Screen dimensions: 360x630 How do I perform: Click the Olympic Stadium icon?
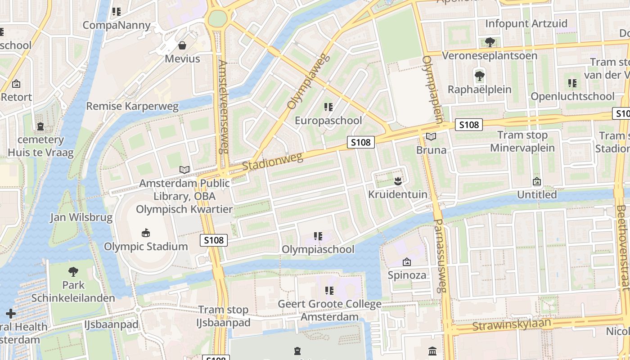click(x=146, y=233)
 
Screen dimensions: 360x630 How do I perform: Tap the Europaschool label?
click(x=328, y=121)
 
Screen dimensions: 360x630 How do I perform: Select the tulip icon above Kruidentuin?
click(x=397, y=181)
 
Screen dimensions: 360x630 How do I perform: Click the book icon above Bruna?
click(x=431, y=136)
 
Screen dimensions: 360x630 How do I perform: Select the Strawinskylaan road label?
click(x=512, y=324)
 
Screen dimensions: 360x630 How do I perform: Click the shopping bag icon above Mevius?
click(x=182, y=45)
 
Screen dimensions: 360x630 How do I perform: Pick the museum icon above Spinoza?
click(x=407, y=261)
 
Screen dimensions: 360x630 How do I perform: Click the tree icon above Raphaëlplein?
click(x=480, y=75)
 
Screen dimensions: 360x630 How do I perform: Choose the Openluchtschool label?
click(x=572, y=96)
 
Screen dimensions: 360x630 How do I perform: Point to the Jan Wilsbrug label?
click(x=81, y=218)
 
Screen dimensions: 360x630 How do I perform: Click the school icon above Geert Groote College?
click(x=329, y=291)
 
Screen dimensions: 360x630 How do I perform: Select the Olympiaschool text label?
click(x=318, y=249)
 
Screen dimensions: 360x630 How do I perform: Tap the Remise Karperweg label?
click(x=132, y=106)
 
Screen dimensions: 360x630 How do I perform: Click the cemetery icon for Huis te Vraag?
click(x=41, y=126)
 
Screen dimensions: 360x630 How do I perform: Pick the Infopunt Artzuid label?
click(x=526, y=23)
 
